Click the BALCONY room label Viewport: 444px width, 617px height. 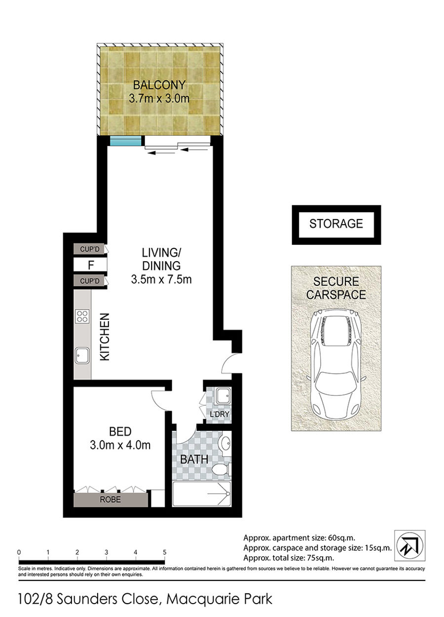159,85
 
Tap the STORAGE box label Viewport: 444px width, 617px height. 336,224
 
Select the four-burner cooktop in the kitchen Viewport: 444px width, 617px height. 82,316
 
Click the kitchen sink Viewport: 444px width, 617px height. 82,355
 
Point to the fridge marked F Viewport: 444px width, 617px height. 90,265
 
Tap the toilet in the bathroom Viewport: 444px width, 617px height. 222,469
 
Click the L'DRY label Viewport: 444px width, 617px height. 220,422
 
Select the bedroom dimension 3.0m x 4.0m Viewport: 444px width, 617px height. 120,445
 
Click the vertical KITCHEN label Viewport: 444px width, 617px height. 105,337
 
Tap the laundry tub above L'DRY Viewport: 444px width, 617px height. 223,396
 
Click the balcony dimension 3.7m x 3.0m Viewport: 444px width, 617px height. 159,98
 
